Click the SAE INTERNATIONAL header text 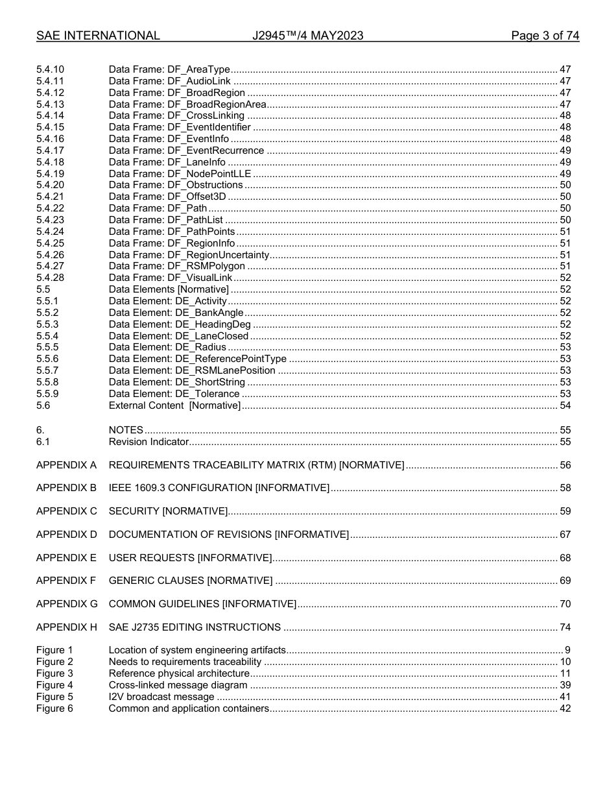98,36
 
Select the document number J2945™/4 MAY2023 307,36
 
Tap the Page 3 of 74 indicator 545,36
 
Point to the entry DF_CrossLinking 176,115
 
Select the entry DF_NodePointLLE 180,173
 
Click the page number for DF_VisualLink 565,278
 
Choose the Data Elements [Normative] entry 169,289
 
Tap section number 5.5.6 47,359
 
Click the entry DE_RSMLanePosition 192,370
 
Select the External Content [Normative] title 174,405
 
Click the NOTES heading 126,430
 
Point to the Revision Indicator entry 148,442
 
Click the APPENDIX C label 66,511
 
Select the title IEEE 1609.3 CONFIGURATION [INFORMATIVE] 219,488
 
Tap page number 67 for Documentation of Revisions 565,535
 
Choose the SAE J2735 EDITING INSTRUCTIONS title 195,627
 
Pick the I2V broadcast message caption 161,697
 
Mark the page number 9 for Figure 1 567,650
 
